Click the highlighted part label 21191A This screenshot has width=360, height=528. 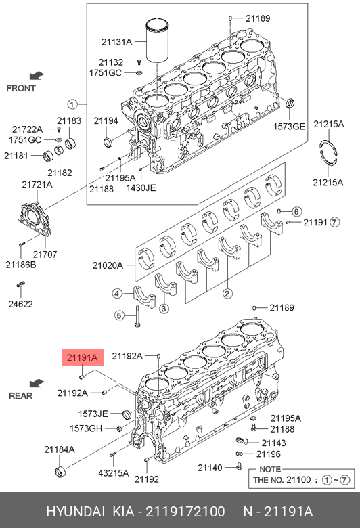(83, 357)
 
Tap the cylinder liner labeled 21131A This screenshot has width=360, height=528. (157, 41)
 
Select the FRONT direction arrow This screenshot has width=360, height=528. (37, 75)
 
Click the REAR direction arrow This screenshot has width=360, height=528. (37, 383)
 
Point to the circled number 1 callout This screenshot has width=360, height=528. (72, 104)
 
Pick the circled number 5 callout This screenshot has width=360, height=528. (118, 316)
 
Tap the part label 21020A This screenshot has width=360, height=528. (108, 265)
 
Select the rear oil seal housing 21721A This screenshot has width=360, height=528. (34, 218)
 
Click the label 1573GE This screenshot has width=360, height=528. (289, 127)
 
